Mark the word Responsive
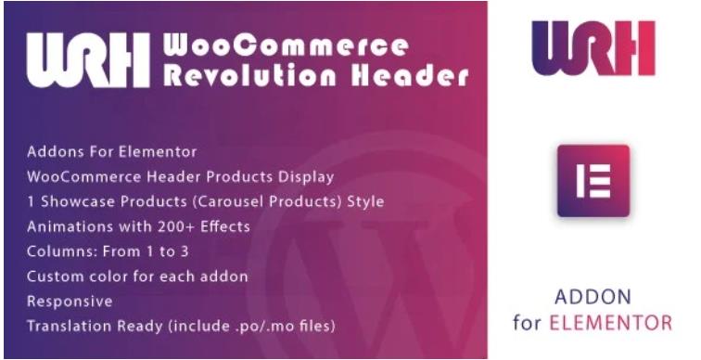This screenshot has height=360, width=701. pos(70,302)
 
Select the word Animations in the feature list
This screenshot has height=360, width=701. pos(68,226)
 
